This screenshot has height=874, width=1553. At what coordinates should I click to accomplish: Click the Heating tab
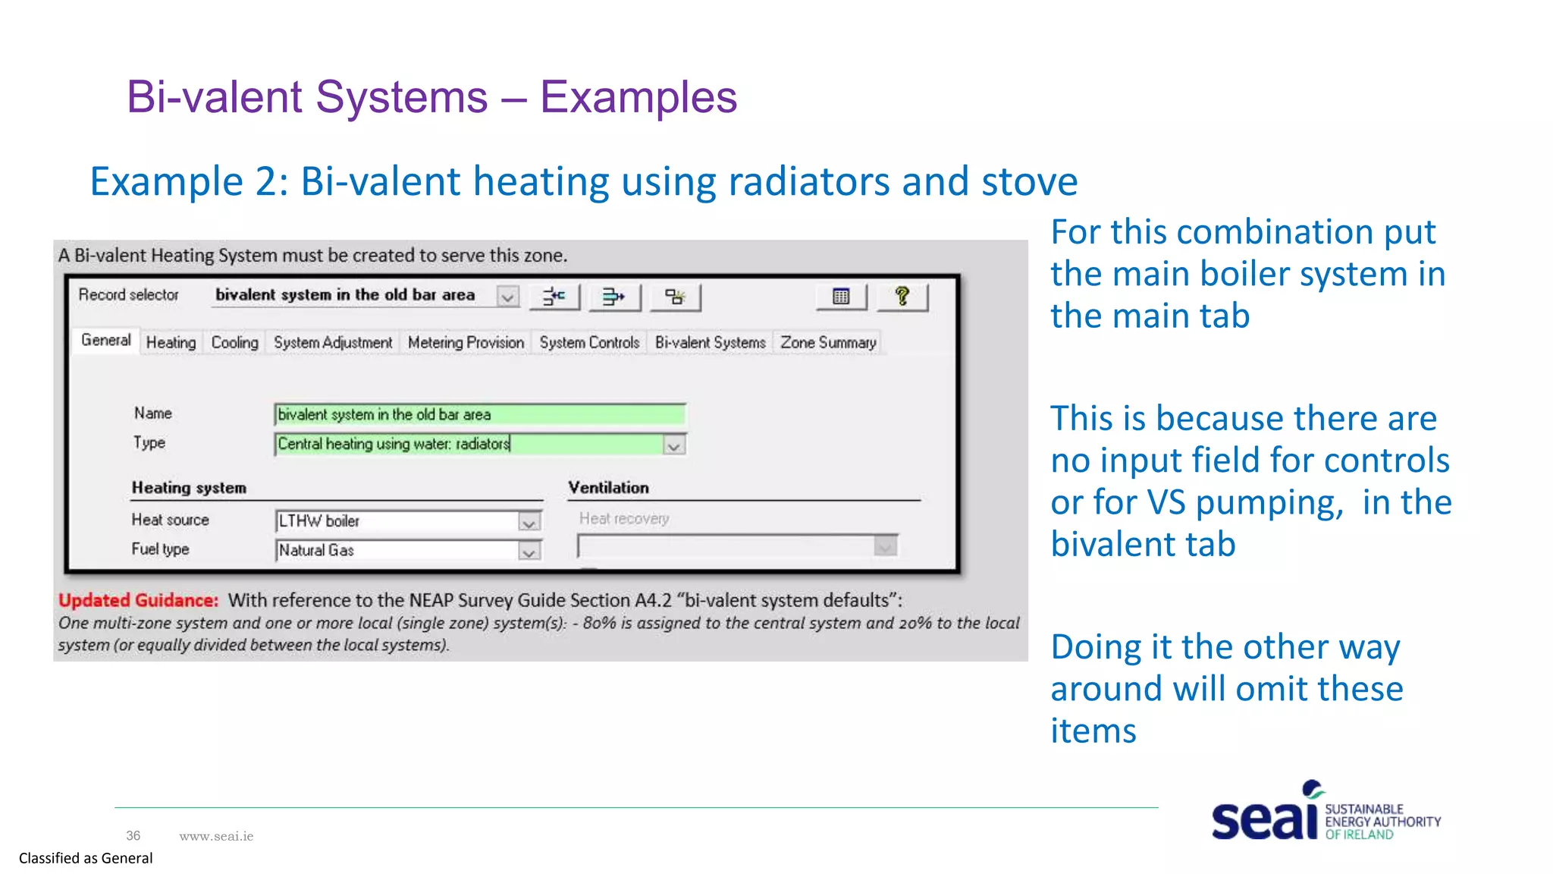click(171, 343)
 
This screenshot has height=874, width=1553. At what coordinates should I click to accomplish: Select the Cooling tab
click(234, 343)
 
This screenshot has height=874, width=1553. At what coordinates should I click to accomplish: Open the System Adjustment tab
click(333, 343)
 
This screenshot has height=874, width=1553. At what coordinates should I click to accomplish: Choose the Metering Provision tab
click(466, 343)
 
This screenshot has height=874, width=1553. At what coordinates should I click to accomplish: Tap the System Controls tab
click(589, 343)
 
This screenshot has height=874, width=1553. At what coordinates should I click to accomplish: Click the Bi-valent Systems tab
click(710, 343)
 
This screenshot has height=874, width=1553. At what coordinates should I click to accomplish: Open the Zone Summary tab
click(828, 343)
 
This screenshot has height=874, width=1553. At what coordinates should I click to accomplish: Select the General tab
click(105, 341)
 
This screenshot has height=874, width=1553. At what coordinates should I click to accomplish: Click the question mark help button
click(902, 297)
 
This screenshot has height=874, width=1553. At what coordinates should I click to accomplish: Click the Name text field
click(479, 415)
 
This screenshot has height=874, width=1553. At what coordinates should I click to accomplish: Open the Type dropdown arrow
click(673, 445)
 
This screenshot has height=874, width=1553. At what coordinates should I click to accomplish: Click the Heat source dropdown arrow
click(529, 522)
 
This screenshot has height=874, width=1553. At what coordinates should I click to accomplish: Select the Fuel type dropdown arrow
click(529, 552)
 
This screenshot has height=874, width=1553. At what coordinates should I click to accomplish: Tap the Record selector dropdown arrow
click(507, 297)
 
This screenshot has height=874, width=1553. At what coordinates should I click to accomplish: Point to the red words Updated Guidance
click(138, 601)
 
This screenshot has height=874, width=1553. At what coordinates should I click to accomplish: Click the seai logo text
click(1264, 819)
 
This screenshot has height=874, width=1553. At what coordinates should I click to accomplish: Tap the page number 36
click(133, 836)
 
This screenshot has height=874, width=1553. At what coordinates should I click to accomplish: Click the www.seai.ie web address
click(216, 836)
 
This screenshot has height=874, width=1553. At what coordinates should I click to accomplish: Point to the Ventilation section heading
click(608, 488)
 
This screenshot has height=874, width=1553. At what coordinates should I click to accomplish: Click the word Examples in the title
click(638, 97)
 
